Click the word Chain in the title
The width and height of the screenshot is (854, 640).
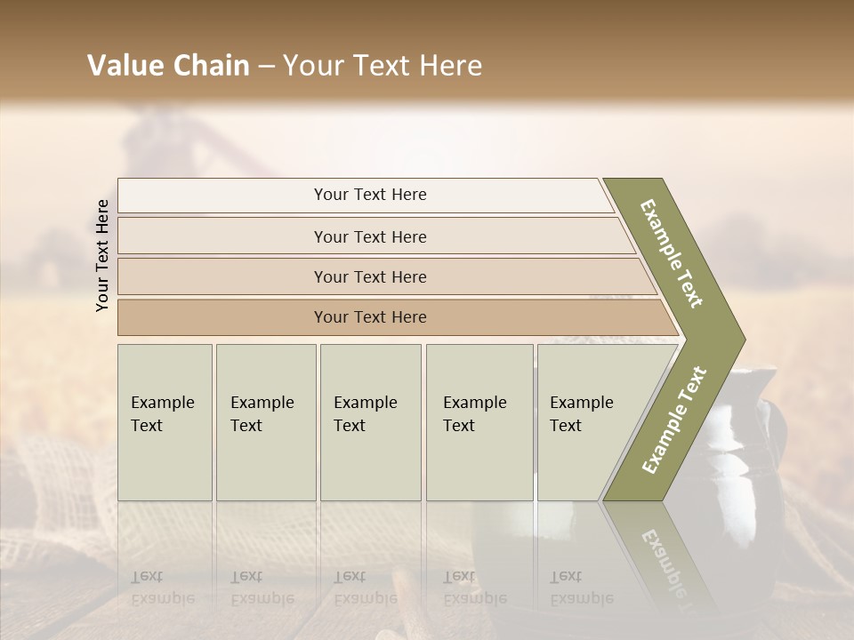click(x=206, y=66)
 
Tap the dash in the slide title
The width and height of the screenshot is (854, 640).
click(x=266, y=67)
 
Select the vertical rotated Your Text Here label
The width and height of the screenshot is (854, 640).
click(x=103, y=255)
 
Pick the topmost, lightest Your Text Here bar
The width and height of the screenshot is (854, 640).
click(x=369, y=195)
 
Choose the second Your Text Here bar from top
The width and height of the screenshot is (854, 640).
click(x=369, y=236)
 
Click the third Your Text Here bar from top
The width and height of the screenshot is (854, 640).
click(x=369, y=276)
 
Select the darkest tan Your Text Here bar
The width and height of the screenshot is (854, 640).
click(x=369, y=317)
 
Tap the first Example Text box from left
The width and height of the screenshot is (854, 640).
click(x=165, y=422)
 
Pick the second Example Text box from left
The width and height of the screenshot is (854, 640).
click(x=265, y=422)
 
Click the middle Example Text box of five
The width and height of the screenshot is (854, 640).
click(x=370, y=422)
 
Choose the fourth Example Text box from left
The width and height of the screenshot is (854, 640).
click(x=479, y=422)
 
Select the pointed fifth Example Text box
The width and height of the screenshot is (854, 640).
click(x=587, y=422)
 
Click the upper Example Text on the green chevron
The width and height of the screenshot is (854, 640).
click(x=672, y=253)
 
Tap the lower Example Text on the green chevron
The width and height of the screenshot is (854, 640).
click(x=673, y=420)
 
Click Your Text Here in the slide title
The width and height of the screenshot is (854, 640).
click(x=383, y=66)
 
